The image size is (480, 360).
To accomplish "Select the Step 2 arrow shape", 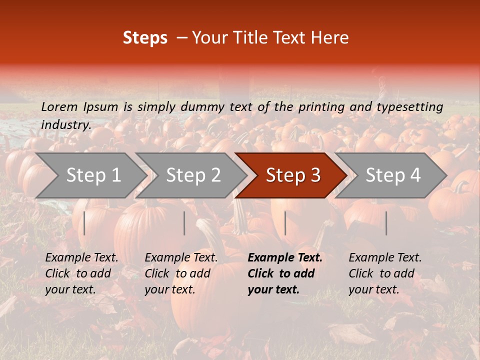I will click(x=193, y=175).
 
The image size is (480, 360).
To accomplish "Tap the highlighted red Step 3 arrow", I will click(x=293, y=175).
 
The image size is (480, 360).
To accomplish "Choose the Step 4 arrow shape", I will click(x=393, y=175).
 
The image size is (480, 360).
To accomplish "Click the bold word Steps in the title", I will click(x=145, y=38).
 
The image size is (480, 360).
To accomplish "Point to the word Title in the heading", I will click(x=250, y=38).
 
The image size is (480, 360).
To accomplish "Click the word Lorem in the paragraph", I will click(x=59, y=106).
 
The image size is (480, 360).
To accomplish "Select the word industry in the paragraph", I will click(x=65, y=124).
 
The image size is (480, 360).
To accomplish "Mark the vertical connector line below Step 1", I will click(x=84, y=223).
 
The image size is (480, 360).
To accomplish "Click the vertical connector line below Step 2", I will click(x=184, y=223).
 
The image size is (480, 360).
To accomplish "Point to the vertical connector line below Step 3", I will click(x=285, y=223).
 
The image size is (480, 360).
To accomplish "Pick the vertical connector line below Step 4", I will click(x=386, y=223).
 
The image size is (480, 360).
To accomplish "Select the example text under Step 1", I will click(x=81, y=273).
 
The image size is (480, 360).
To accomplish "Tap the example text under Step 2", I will click(x=181, y=273).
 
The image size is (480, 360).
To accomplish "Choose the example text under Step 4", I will click(x=385, y=273).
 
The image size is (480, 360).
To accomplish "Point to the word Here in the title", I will click(x=330, y=38).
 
